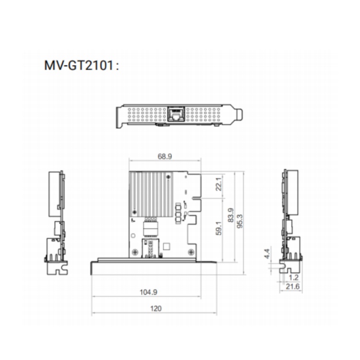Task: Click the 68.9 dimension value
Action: (165, 156)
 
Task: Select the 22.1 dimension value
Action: (218, 184)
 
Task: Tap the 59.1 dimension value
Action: (219, 228)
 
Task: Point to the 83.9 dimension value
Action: (231, 215)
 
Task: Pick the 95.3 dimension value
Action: (240, 221)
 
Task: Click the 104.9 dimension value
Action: (148, 292)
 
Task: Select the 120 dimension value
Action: (156, 308)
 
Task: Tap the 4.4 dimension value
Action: (267, 253)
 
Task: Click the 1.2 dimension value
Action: (293, 277)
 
